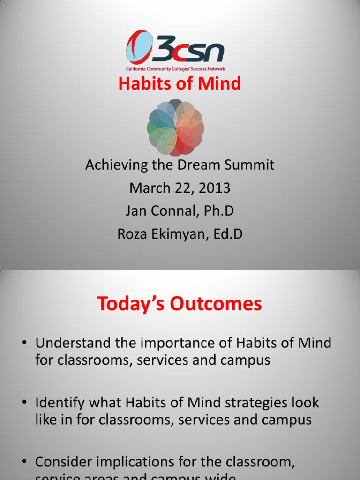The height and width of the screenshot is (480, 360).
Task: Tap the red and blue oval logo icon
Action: pyautogui.click(x=139, y=47)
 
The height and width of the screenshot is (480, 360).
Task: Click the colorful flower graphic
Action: pyautogui.click(x=175, y=127)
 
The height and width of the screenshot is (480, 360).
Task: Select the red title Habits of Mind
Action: pyautogui.click(x=180, y=84)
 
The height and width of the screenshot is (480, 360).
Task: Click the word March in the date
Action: pyautogui.click(x=149, y=188)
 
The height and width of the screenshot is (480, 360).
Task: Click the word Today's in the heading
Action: pyautogui.click(x=131, y=304)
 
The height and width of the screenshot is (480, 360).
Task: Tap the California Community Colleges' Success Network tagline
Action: pyautogui.click(x=175, y=69)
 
